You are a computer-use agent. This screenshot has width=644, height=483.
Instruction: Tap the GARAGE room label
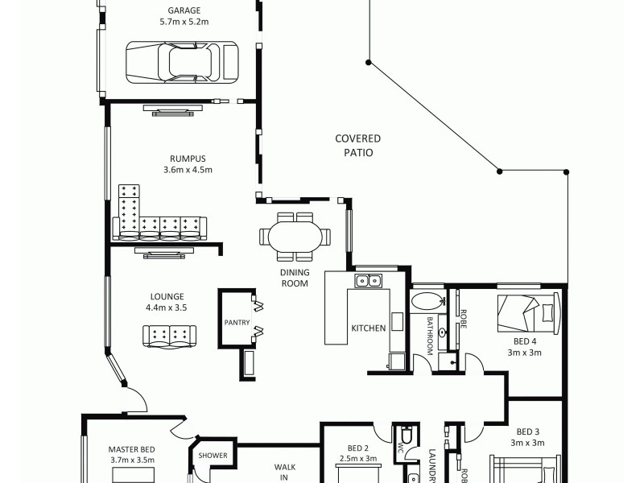tap(184, 10)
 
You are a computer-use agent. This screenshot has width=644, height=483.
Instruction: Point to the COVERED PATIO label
tap(357, 145)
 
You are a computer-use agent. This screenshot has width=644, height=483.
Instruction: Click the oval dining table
tap(295, 237)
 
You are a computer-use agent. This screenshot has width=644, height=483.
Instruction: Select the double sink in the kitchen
tap(369, 281)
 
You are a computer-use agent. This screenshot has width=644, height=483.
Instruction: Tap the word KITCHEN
tap(368, 328)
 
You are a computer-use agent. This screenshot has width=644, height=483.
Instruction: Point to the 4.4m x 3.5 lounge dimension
tap(166, 308)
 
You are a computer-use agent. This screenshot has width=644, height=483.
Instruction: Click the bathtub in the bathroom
tap(426, 303)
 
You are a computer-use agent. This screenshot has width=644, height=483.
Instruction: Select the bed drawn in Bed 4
tap(527, 313)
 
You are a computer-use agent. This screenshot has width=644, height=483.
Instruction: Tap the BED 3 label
tap(527, 431)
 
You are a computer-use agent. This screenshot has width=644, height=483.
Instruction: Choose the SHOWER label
tap(213, 456)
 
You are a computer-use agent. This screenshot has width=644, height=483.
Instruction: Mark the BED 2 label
tap(358, 448)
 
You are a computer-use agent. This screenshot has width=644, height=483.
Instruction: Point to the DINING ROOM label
tap(295, 278)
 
